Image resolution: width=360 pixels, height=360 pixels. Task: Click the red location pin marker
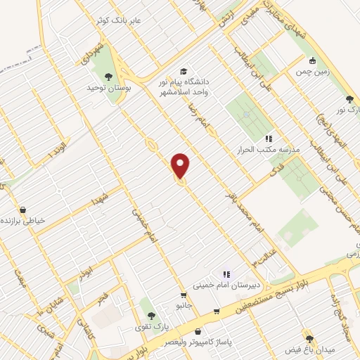[181, 166]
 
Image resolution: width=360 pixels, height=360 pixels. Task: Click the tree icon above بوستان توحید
[108, 76]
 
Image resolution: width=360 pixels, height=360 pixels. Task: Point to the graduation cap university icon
[184, 72]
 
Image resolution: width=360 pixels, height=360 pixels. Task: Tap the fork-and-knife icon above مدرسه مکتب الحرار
[268, 139]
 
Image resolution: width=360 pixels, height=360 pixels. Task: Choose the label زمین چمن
[312, 72]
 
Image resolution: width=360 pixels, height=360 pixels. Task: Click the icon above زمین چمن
[312, 60]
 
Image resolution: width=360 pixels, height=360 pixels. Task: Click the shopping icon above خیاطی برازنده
[23, 210]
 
